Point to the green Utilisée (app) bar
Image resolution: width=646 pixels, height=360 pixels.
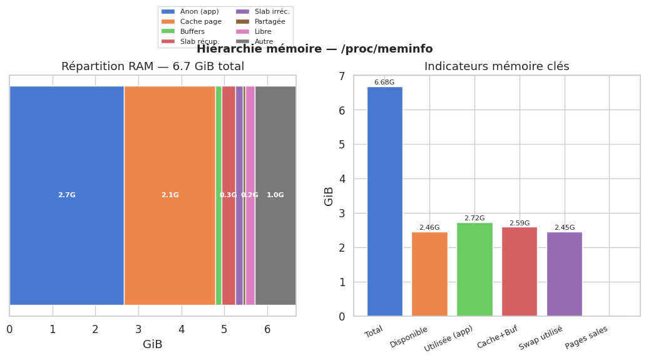click(474, 269)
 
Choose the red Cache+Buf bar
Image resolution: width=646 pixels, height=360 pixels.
click(520, 272)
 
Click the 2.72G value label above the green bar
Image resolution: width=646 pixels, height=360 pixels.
click(474, 219)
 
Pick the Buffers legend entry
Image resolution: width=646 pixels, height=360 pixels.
click(192, 31)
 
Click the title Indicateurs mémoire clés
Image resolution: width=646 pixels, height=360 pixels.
click(496, 66)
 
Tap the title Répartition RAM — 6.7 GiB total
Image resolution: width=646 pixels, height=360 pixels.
click(153, 66)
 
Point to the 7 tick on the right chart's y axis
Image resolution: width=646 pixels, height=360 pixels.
click(342, 76)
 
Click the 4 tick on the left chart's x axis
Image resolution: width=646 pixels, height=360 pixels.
click(182, 329)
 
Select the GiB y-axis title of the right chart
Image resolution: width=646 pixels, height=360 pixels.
click(329, 196)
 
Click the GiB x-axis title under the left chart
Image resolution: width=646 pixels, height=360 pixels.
click(153, 345)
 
